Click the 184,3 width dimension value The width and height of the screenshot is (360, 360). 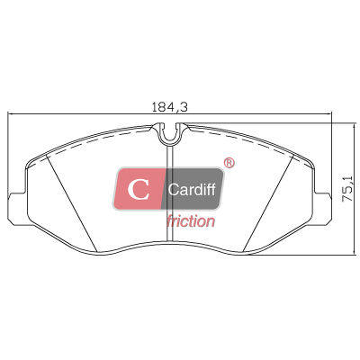[169, 107]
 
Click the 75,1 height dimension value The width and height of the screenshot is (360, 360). [347, 189]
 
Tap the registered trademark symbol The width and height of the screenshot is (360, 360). [229, 163]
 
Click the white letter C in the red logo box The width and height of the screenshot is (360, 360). [138, 190]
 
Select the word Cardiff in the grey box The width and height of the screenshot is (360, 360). [192, 189]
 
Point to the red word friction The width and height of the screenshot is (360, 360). [191, 221]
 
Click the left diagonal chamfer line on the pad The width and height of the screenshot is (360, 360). [72, 203]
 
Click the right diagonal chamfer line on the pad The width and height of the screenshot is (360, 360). [268, 203]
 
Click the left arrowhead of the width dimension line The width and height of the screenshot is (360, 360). [10, 113]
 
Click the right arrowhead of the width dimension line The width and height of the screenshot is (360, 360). [329, 113]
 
